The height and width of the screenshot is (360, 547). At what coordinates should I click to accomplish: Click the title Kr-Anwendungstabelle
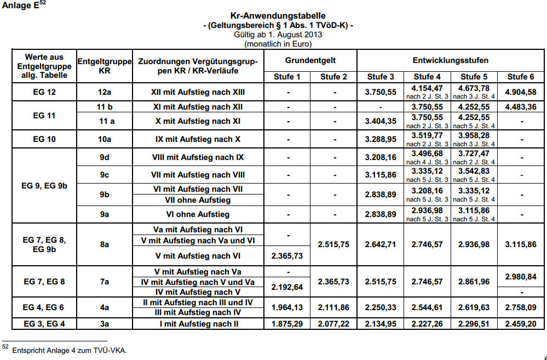click(x=278, y=16)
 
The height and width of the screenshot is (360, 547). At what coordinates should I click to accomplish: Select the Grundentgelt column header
click(x=310, y=60)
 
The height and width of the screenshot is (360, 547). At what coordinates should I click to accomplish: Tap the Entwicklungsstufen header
click(x=451, y=60)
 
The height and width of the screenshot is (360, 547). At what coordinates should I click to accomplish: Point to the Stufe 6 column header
click(x=520, y=77)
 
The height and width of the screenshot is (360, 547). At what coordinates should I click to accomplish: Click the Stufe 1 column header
click(x=287, y=77)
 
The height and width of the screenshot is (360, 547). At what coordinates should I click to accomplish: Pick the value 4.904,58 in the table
click(x=521, y=92)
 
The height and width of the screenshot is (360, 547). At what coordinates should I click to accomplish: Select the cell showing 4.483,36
click(x=521, y=107)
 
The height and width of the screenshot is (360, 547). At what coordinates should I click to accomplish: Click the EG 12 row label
click(x=44, y=92)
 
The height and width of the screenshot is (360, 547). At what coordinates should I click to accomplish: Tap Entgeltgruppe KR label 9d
click(x=105, y=157)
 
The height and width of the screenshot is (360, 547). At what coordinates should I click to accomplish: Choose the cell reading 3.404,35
click(x=380, y=121)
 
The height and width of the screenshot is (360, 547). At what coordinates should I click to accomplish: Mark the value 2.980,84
click(x=521, y=276)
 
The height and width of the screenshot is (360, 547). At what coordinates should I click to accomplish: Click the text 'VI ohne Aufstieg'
click(x=198, y=214)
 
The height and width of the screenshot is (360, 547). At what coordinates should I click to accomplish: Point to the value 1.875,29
click(x=287, y=324)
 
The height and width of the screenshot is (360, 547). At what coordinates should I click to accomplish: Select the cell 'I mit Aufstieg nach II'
click(x=198, y=324)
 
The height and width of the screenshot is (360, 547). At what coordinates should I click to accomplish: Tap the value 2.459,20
click(x=521, y=324)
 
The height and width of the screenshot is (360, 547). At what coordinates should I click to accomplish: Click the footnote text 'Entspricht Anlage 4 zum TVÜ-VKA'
click(x=69, y=350)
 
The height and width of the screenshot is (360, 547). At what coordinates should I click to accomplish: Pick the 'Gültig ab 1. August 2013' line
click(x=278, y=34)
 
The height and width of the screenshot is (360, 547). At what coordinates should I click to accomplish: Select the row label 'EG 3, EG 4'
click(x=44, y=324)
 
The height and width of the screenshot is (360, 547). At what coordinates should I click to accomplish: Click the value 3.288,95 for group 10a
click(x=380, y=139)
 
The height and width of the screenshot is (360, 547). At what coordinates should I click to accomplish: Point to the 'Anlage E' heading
click(x=21, y=7)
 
